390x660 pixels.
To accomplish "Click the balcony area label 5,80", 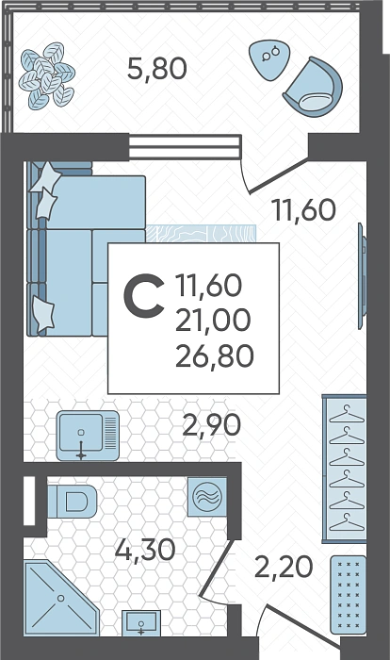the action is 157,70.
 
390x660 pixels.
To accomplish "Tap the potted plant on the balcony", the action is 47,74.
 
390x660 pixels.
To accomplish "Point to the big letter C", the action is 144,295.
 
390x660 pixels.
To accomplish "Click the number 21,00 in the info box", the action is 213,321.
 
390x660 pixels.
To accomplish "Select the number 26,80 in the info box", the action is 215,356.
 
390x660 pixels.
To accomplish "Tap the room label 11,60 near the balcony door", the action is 303,210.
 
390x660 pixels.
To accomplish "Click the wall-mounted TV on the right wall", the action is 362,275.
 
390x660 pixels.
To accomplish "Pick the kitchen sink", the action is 88,436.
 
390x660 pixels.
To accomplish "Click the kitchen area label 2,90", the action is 212,425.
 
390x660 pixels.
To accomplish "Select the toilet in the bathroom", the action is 72,501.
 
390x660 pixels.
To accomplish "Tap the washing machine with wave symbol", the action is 206,497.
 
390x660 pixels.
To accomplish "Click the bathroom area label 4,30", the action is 145,550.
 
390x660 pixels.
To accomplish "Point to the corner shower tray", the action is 61,598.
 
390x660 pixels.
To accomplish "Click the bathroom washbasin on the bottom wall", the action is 141,622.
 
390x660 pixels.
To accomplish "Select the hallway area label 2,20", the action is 284,567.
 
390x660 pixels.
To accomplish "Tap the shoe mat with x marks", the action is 348,594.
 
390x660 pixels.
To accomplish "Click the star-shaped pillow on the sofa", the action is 45,177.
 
